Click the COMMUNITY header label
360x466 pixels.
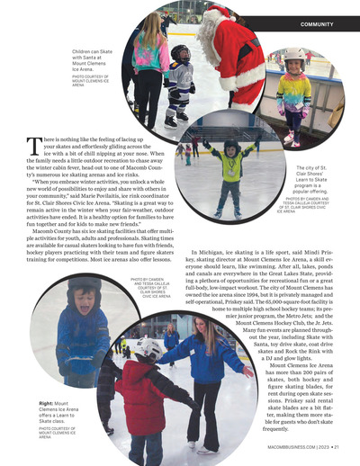click(319, 22)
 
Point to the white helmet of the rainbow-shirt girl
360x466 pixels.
click(293, 56)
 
